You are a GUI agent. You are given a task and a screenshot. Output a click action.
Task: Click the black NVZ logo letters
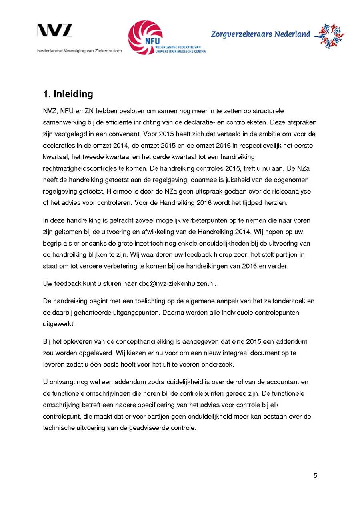coord(55,31)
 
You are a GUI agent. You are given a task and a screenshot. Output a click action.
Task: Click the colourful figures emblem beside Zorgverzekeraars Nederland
coord(329,36)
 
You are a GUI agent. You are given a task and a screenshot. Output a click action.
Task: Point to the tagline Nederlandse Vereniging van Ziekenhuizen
coord(80,51)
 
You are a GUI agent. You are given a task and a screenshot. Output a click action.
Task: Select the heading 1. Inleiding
coord(68,94)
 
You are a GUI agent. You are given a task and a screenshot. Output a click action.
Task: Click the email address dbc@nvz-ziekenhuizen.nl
coord(177,283)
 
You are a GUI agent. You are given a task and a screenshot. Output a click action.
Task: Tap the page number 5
coord(315,475)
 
